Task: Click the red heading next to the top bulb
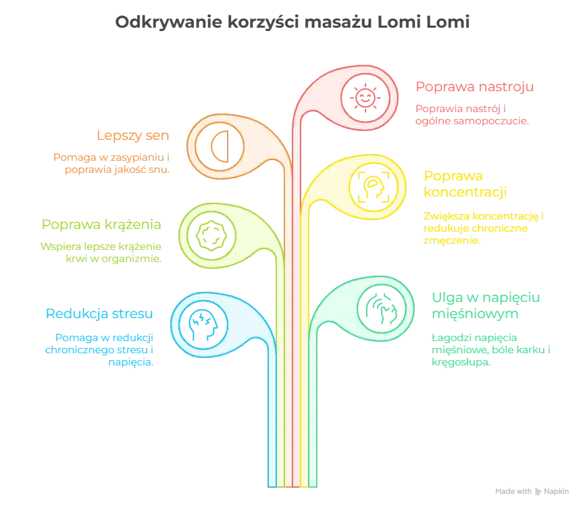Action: pyautogui.click(x=476, y=86)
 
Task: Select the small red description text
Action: pyautogui.click(x=472, y=114)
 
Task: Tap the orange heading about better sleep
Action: pyautogui.click(x=134, y=136)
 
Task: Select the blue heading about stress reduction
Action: pyautogui.click(x=99, y=313)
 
